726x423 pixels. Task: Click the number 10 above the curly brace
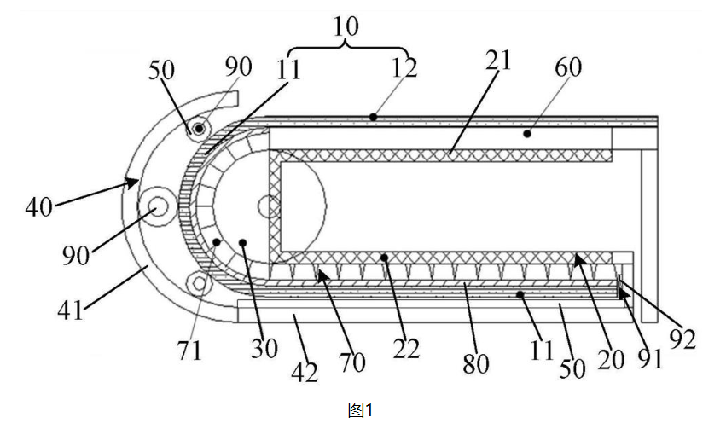pos(346,26)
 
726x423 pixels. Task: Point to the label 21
pos(498,61)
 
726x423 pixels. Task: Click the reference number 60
pos(568,67)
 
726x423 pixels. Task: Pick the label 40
pos(39,207)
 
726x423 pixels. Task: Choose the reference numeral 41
pos(70,310)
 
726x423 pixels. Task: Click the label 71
pos(189,351)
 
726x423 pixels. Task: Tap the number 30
pos(264,348)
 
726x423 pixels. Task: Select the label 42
pos(305,373)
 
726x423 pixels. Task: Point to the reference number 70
pos(351,362)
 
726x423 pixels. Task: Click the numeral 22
pos(406,349)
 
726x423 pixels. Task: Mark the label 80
pos(475,364)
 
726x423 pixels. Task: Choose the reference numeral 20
pos(611,360)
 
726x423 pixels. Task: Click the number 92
pos(683,339)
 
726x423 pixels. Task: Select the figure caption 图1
pos(360,409)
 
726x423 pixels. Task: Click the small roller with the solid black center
pos(199,128)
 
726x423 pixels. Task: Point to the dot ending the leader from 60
pos(527,134)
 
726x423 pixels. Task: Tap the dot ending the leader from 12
pos(373,118)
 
